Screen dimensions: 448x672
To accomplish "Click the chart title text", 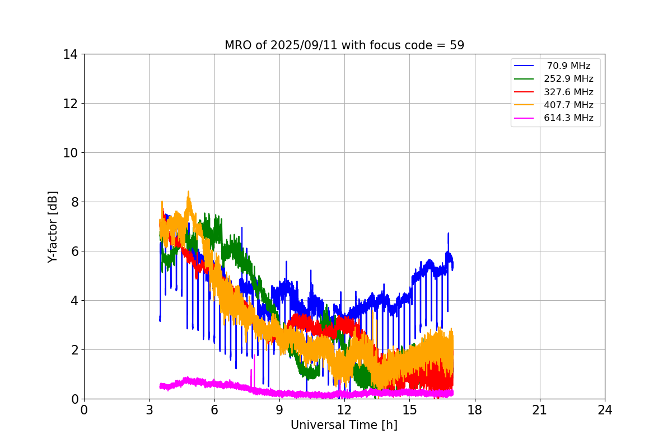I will pyautogui.click(x=344, y=45).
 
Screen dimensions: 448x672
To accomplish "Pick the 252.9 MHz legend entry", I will pyautogui.click(x=568, y=79).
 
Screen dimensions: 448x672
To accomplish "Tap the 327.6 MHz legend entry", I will pyautogui.click(x=568, y=92).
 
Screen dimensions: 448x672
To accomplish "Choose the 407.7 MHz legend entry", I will pyautogui.click(x=568, y=105).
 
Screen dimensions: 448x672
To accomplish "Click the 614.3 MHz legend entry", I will pyautogui.click(x=568, y=118).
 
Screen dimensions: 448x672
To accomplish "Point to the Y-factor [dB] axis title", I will pyautogui.click(x=53, y=226).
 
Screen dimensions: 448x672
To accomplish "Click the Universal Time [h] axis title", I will pyautogui.click(x=344, y=425).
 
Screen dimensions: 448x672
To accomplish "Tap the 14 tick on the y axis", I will pyautogui.click(x=71, y=54).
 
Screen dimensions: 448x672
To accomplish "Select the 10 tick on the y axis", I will pyautogui.click(x=71, y=153).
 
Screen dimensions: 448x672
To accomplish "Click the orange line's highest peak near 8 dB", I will pyautogui.click(x=188, y=192).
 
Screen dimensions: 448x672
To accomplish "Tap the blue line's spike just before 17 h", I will pyautogui.click(x=448, y=234).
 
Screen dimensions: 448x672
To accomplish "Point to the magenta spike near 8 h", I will pyautogui.click(x=254, y=356).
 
